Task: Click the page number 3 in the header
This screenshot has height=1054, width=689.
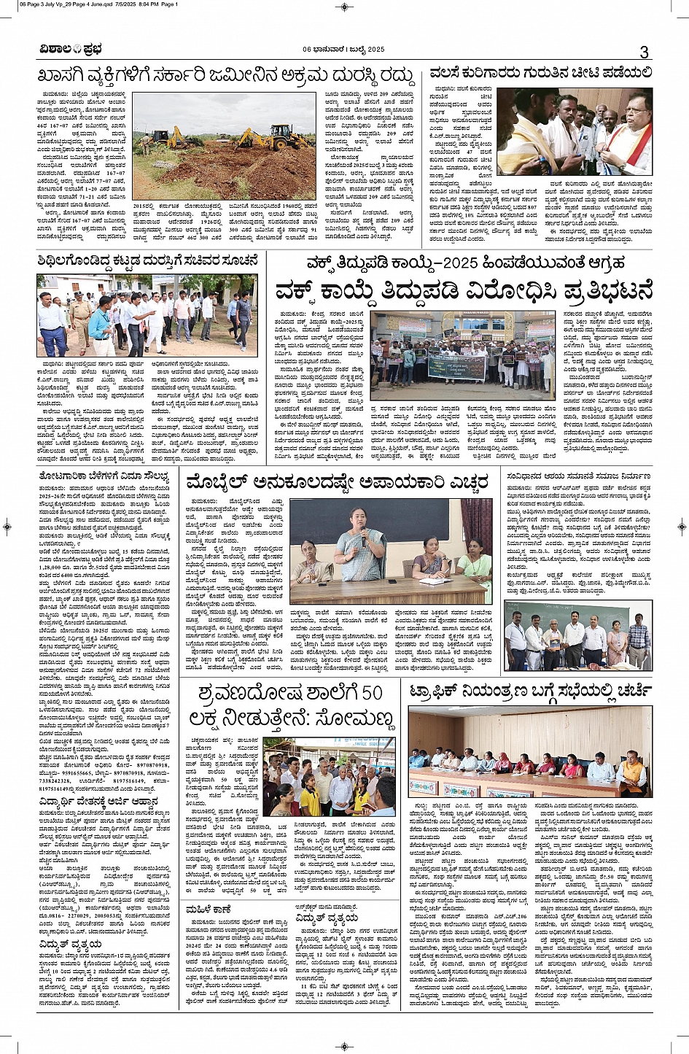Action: click(x=644, y=51)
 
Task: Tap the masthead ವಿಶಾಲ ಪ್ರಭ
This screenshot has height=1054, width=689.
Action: click(x=71, y=50)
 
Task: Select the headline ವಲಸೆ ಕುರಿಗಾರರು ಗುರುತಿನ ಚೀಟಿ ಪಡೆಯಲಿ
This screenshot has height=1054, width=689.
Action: click(x=540, y=72)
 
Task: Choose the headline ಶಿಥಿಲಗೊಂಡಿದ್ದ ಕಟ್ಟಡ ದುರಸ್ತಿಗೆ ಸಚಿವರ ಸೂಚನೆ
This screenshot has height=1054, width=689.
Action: click(x=148, y=260)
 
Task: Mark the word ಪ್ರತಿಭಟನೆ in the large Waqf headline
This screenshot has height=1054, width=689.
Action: click(x=590, y=290)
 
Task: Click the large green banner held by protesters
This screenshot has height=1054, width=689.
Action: click(x=456, y=365)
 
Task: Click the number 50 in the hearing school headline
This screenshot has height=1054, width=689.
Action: click(x=371, y=691)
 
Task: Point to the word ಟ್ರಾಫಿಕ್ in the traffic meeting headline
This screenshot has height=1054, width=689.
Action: click(x=440, y=691)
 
